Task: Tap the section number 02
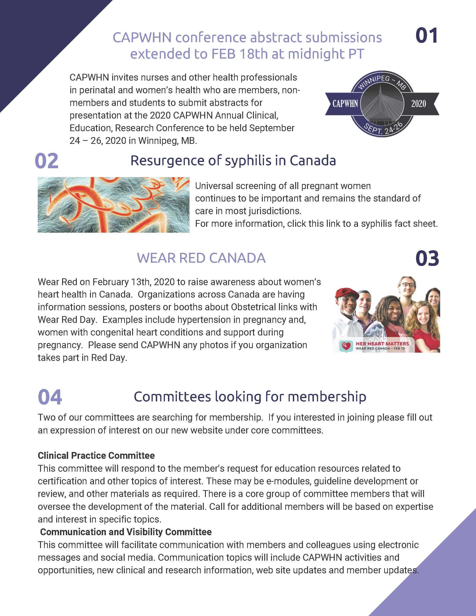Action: pyautogui.click(x=47, y=161)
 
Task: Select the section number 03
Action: pyautogui.click(x=427, y=259)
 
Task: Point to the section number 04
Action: pyautogui.click(x=50, y=397)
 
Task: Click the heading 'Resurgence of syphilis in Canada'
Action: pyautogui.click(x=233, y=161)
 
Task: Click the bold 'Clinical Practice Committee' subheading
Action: pyautogui.click(x=96, y=455)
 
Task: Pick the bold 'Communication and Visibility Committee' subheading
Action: pyautogui.click(x=126, y=532)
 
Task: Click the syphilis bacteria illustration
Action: pyautogui.click(x=113, y=205)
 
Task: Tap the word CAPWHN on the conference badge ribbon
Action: pyautogui.click(x=345, y=104)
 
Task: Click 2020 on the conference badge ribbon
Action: pyautogui.click(x=418, y=104)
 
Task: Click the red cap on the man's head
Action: pyautogui.click(x=346, y=293)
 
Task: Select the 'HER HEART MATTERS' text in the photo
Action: pyautogui.click(x=382, y=343)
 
